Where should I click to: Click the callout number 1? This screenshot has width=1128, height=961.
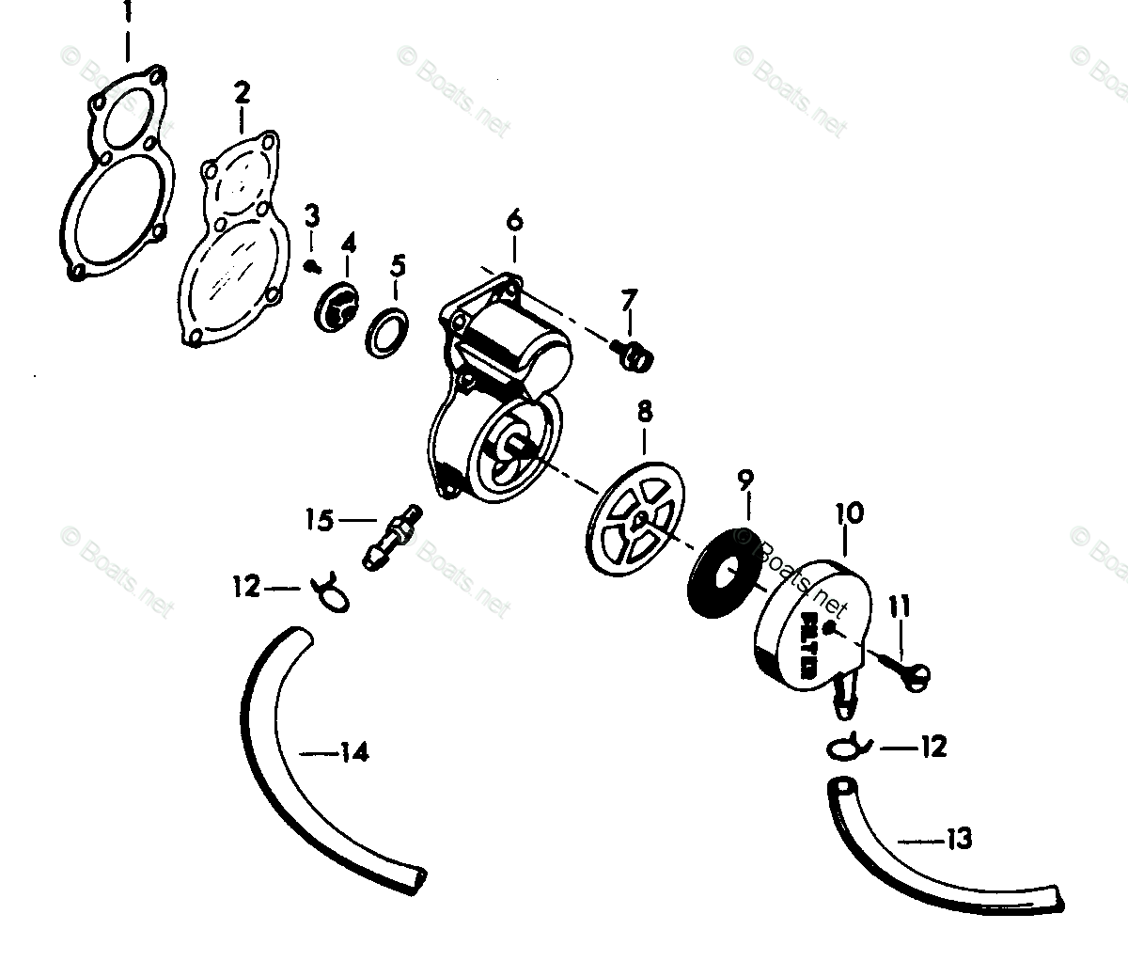coord(128,15)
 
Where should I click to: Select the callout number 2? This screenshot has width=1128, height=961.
coord(243,92)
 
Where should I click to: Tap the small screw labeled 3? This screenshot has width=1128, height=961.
coord(310,266)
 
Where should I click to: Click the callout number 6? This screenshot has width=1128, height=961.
coord(514,223)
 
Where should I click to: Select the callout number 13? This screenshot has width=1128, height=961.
coord(959,839)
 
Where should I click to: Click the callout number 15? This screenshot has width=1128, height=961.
coord(319,519)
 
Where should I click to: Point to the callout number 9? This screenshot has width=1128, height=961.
coord(745,480)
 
